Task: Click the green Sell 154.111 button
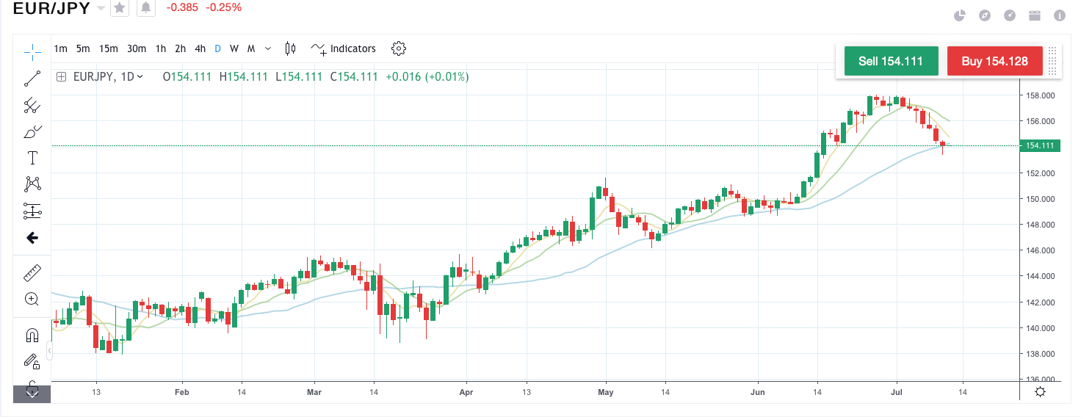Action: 891,61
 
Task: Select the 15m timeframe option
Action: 109,48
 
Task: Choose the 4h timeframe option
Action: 200,48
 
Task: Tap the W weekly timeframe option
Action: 234,48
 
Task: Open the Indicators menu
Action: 344,48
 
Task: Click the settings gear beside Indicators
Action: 399,48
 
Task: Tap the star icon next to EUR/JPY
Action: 120,8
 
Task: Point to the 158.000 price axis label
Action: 1040,95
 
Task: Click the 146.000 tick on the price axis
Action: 1040,250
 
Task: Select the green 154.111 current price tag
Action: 1039,145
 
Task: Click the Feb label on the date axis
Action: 182,393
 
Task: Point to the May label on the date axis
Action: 606,393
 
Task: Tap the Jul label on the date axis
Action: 896,393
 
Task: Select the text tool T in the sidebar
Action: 32,158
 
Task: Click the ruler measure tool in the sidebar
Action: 32,273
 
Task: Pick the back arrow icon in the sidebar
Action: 32,238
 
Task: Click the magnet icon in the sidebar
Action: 32,336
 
